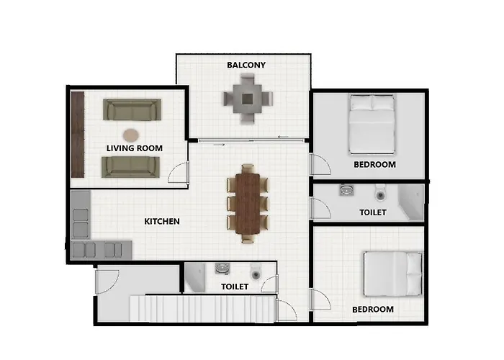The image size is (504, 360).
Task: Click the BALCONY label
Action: click(246, 65)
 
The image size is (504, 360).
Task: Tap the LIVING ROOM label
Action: click(135, 148)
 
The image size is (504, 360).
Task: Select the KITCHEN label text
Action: click(162, 221)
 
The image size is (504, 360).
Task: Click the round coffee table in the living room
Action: click(130, 134)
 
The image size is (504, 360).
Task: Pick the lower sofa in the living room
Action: click(130, 166)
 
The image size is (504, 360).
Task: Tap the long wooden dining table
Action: click(248, 202)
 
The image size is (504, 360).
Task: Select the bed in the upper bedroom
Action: click(372, 125)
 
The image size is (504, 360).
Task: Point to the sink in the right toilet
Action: click(346, 191)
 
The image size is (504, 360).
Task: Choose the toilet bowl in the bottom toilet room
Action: click(254, 272)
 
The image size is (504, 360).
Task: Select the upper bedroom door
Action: click(320, 164)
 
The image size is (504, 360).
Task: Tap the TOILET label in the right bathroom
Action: click(373, 212)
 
